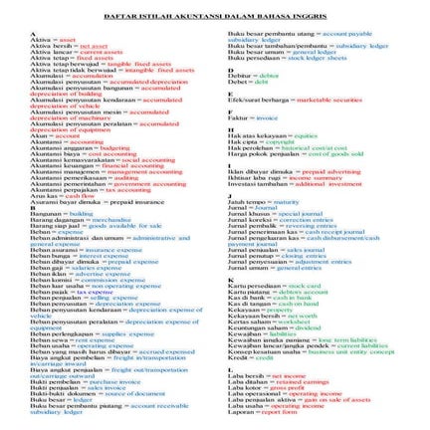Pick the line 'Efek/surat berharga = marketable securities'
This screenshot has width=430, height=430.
[278, 100]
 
